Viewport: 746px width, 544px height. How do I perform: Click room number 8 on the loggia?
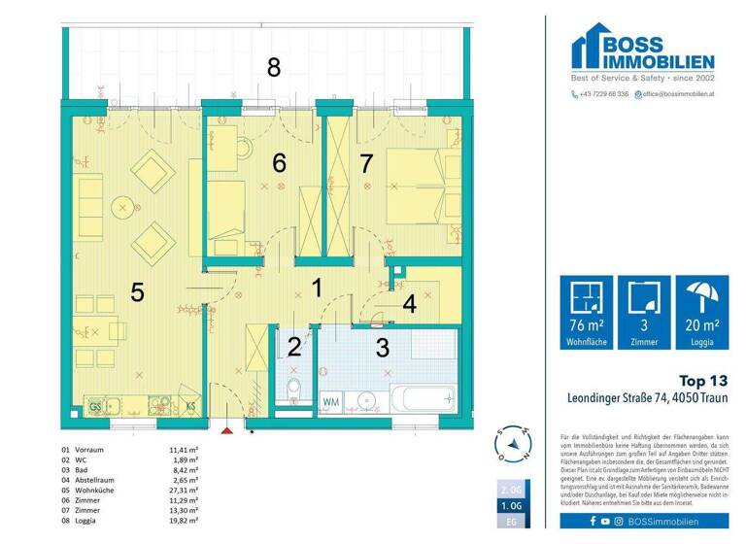point(274,67)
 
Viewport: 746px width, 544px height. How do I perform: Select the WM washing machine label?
point(331,399)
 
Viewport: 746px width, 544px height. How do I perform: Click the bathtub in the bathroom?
point(420,398)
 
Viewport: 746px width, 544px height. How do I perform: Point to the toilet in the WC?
point(293,391)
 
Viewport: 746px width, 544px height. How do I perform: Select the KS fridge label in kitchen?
point(191,406)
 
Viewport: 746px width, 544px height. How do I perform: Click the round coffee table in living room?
point(123,206)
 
